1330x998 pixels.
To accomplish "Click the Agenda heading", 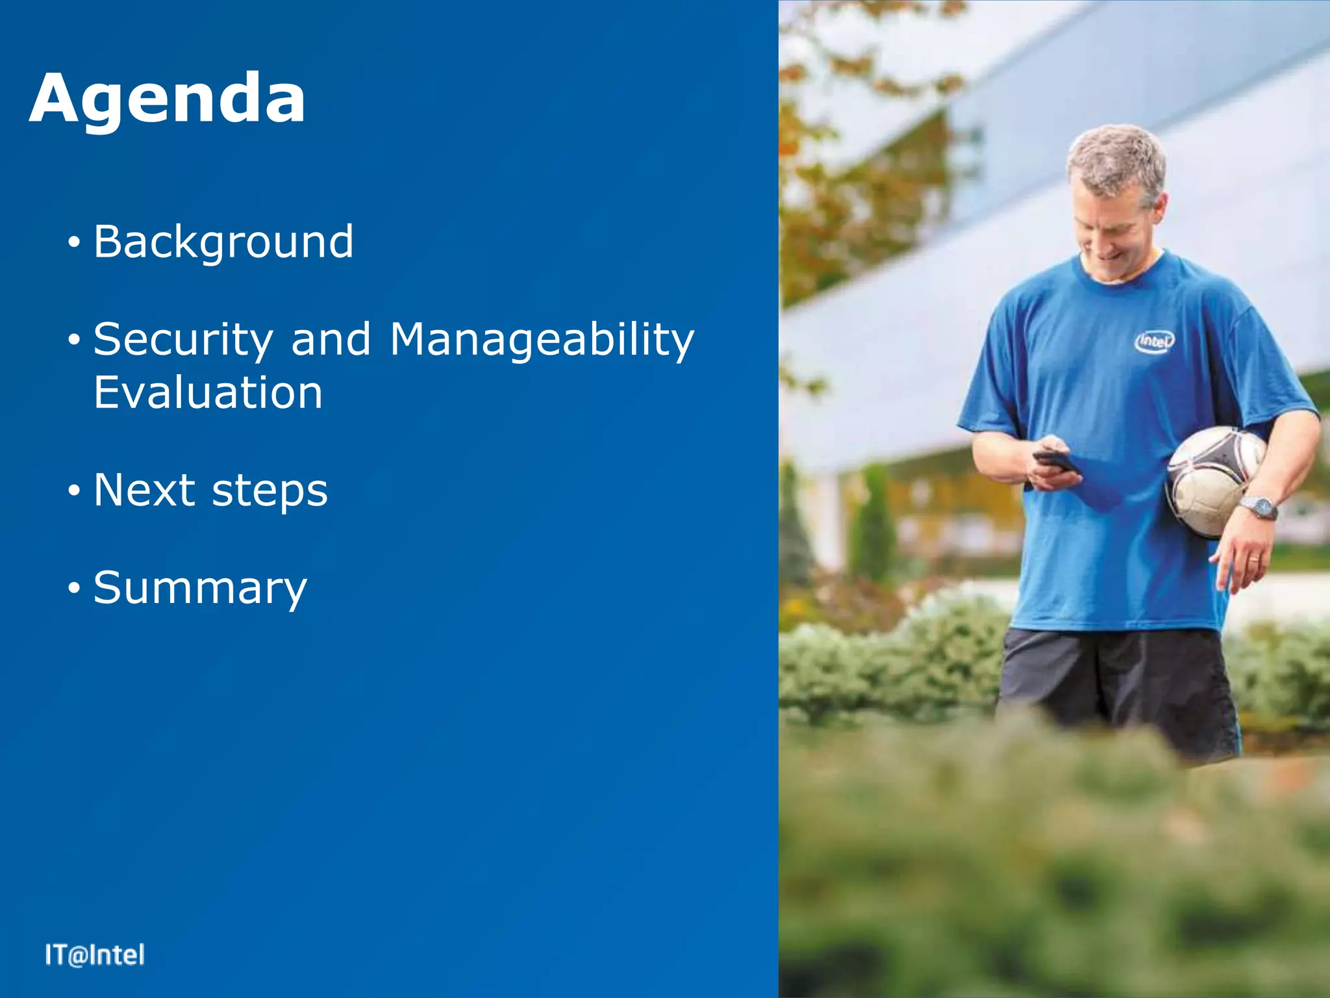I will [x=168, y=99].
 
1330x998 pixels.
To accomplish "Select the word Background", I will [x=223, y=242].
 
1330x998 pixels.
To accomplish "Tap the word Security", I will [x=183, y=340].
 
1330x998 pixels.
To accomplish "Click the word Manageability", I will [x=542, y=340].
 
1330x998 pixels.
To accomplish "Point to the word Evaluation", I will [x=208, y=392].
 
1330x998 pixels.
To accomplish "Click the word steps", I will [x=270, y=491].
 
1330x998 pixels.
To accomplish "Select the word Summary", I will [x=200, y=588].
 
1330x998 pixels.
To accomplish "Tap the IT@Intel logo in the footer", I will [x=95, y=955].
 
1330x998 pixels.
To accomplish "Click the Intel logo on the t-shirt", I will [x=1155, y=341].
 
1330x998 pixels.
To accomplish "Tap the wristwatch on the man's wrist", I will [x=1259, y=507].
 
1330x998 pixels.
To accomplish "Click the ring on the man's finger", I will [x=1253, y=559].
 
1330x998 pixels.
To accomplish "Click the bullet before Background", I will [x=74, y=243].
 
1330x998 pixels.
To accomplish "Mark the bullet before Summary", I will [x=74, y=589].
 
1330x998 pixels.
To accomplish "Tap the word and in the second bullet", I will [x=331, y=340].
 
